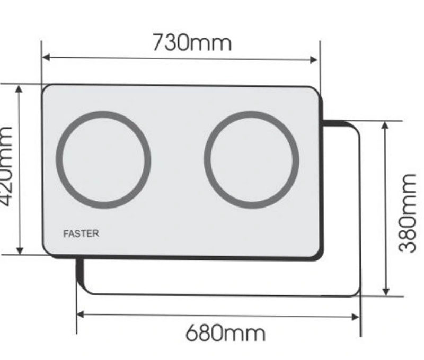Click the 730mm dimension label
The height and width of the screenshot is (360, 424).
pos(192,43)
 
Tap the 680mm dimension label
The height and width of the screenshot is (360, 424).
pos(225,334)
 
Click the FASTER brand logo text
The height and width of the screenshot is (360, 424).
pos(81,233)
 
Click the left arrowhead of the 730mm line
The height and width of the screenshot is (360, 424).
pos(46,57)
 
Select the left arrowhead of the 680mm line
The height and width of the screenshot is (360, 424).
pos(81,314)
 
